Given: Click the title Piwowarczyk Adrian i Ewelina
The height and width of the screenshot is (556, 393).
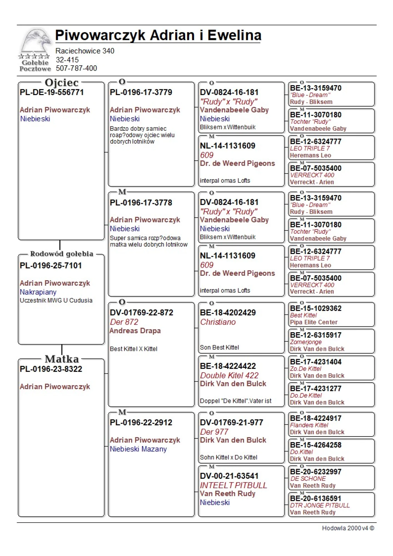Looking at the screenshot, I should click(158, 35).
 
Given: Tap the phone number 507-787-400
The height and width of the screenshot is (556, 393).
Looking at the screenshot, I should click(76, 68).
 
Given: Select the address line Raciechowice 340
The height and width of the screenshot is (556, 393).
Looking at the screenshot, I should click(85, 51).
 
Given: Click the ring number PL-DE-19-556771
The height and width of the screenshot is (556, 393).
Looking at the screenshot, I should click(52, 92).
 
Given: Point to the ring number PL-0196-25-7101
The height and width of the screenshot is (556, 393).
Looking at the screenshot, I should click(51, 265).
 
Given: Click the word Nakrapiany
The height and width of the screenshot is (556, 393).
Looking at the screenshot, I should click(38, 292).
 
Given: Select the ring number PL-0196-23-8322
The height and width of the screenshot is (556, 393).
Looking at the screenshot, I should click(51, 369).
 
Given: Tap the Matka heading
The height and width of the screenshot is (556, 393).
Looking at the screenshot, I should click(62, 359).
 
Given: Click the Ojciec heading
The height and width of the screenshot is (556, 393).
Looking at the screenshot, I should click(61, 83).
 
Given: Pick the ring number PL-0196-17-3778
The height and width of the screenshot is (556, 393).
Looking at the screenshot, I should click(141, 203).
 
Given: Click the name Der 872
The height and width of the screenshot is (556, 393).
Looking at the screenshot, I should click(124, 322).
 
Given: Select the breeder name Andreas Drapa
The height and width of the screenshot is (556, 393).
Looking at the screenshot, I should click(135, 331).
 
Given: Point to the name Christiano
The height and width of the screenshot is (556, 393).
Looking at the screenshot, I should click(218, 322).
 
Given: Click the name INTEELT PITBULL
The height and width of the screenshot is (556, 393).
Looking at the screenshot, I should click(233, 485).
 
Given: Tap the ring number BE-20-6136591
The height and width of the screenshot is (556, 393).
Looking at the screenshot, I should click(315, 498).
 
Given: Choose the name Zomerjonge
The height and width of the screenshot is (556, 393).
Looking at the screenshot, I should click(306, 342).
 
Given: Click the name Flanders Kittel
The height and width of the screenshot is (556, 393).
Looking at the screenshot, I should click(309, 425).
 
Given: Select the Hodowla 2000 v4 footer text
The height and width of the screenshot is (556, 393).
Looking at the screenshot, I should click(348, 528).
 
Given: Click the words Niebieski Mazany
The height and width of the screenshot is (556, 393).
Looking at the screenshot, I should click(138, 449).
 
